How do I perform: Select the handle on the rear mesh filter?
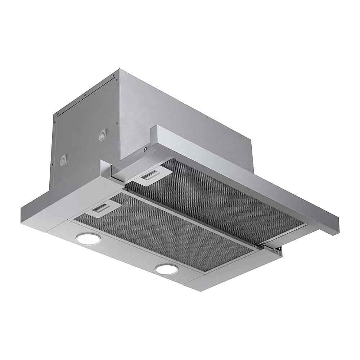(152, 176)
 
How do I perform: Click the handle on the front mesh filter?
(104, 208)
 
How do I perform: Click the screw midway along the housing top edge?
(84, 95)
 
